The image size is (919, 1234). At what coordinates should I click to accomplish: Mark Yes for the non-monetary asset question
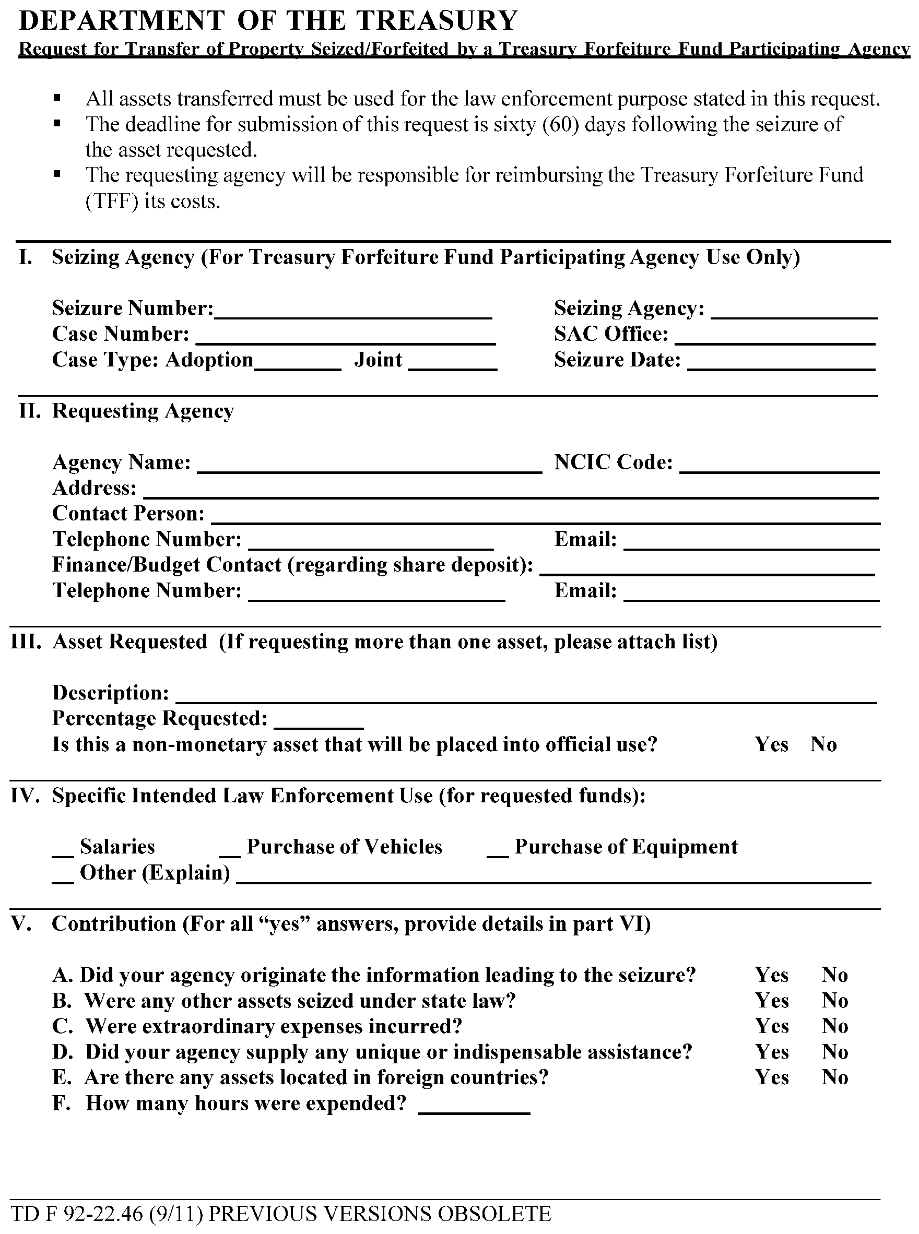pyautogui.click(x=772, y=744)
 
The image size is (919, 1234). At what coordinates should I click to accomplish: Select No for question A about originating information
pyautogui.click(x=834, y=975)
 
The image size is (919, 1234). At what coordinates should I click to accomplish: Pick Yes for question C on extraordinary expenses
pyautogui.click(x=772, y=1026)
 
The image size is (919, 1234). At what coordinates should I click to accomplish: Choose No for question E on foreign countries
pyautogui.click(x=834, y=1077)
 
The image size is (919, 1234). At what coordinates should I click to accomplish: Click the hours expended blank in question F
pyautogui.click(x=474, y=1106)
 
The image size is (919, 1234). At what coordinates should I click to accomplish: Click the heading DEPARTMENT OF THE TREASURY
pyautogui.click(x=268, y=20)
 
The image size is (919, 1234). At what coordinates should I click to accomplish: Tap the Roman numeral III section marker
pyautogui.click(x=26, y=642)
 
